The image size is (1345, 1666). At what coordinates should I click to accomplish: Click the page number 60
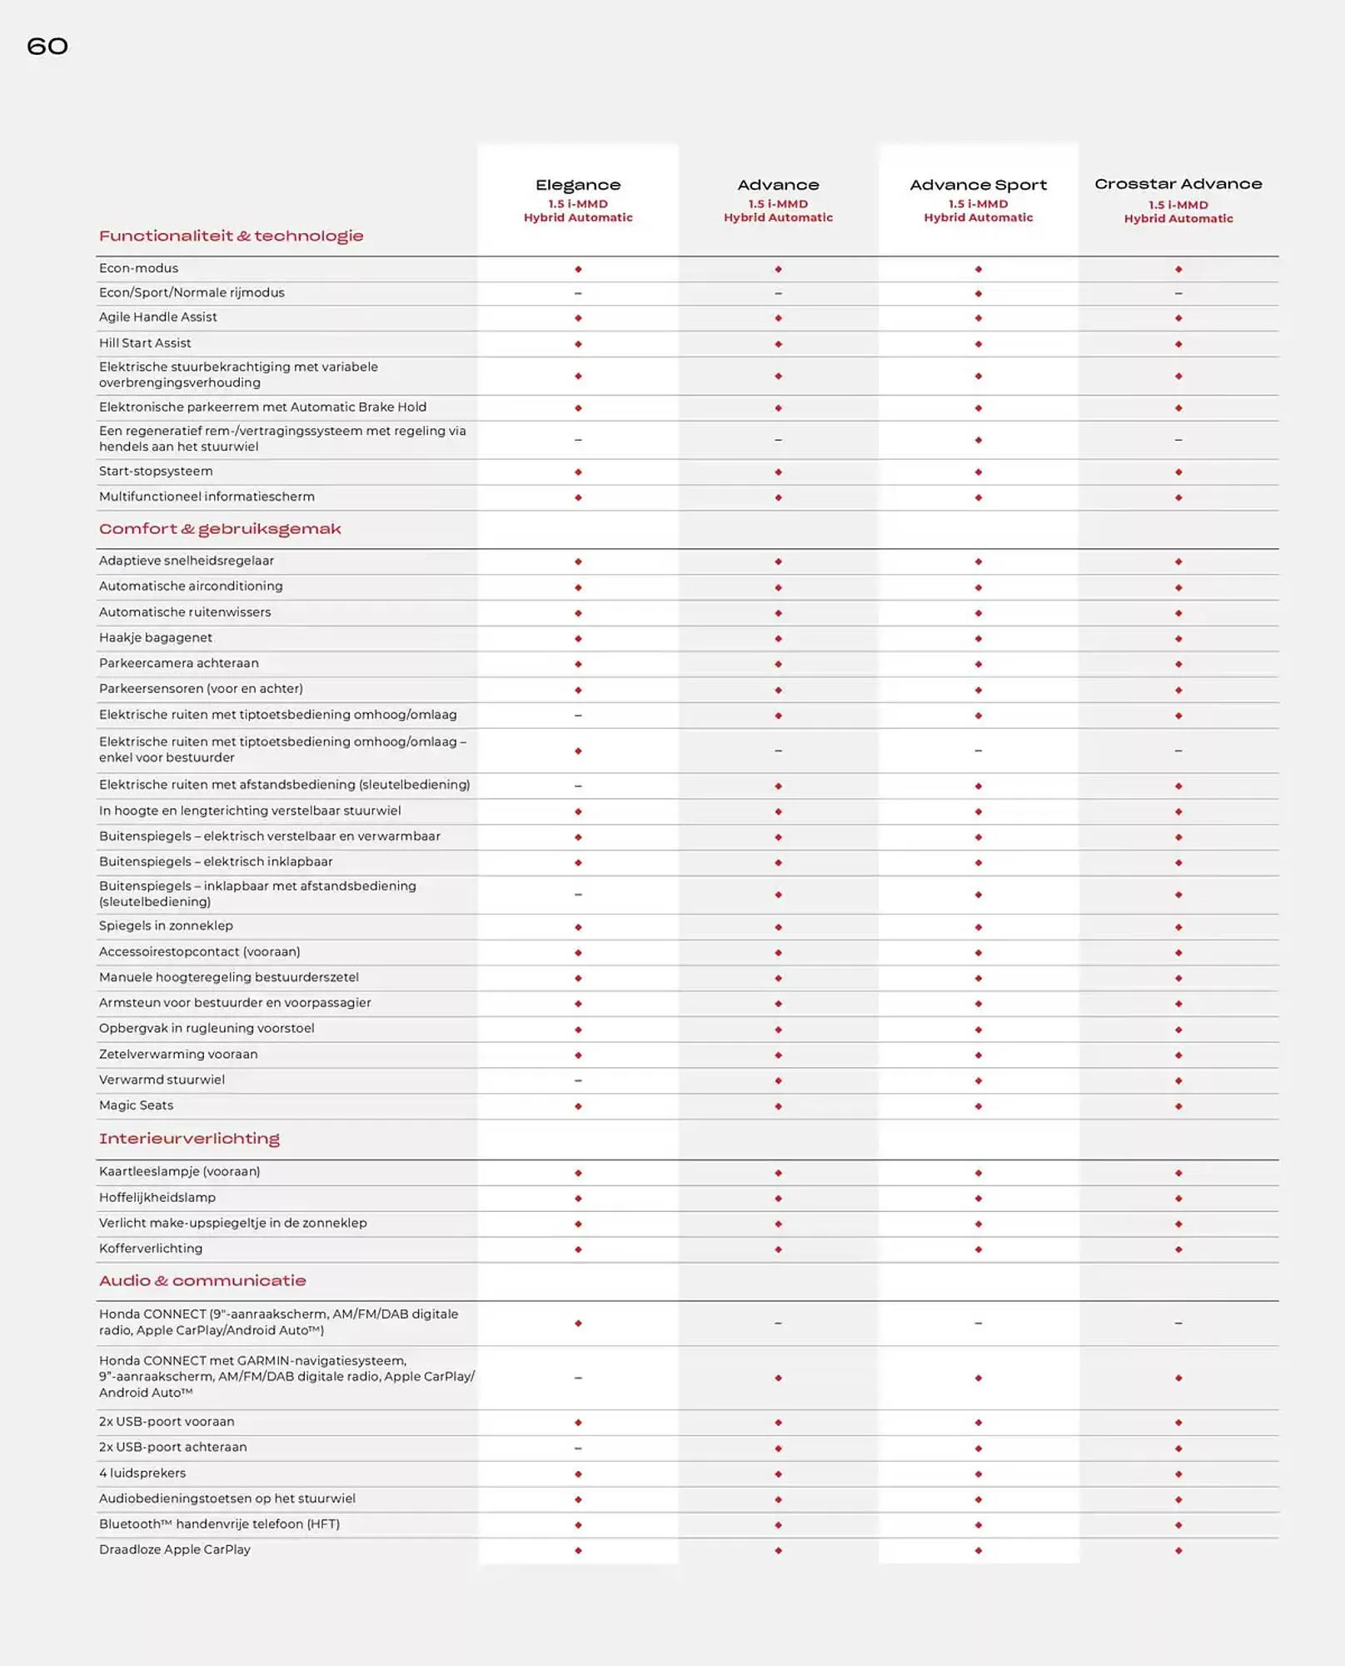click(47, 46)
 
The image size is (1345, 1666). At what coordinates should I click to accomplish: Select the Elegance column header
click(578, 185)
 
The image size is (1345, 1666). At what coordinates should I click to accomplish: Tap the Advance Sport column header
click(978, 185)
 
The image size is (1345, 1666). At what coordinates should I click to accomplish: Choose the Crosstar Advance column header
click(1178, 184)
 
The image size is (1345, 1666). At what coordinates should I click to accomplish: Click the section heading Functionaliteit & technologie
click(231, 236)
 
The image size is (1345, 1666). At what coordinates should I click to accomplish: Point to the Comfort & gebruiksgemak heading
click(220, 529)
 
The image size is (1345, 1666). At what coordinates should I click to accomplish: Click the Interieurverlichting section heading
click(189, 1139)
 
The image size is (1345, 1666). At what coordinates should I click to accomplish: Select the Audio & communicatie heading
click(202, 1281)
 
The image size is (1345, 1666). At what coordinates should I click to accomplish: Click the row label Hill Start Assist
click(145, 343)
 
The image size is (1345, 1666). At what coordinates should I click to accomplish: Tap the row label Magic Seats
click(136, 1105)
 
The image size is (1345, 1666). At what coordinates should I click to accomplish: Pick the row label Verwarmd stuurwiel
click(162, 1080)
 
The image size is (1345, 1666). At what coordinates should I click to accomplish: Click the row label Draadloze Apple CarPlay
click(175, 1549)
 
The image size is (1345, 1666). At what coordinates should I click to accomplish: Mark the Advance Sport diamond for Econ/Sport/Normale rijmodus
click(979, 293)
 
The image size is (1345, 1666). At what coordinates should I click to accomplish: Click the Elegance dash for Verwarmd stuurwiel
click(578, 1080)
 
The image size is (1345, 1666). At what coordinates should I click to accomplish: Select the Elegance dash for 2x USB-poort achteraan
click(578, 1448)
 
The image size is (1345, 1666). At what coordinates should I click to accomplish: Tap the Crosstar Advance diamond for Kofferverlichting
click(1178, 1249)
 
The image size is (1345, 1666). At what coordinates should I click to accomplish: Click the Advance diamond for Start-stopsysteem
click(778, 472)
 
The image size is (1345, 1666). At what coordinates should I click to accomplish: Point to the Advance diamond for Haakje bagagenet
click(778, 639)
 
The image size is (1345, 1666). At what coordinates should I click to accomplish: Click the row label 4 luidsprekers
click(142, 1473)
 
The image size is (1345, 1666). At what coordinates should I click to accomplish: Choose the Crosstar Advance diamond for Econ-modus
click(1178, 269)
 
